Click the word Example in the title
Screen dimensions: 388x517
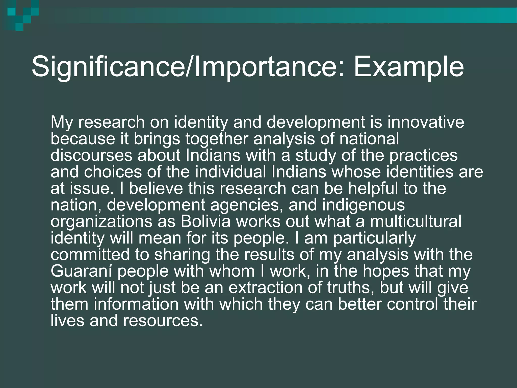(409, 67)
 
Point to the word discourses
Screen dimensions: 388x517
(91, 155)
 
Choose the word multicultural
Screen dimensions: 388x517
(416, 222)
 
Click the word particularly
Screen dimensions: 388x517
(374, 238)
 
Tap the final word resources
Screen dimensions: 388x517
(163, 321)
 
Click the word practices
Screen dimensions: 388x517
(423, 155)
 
